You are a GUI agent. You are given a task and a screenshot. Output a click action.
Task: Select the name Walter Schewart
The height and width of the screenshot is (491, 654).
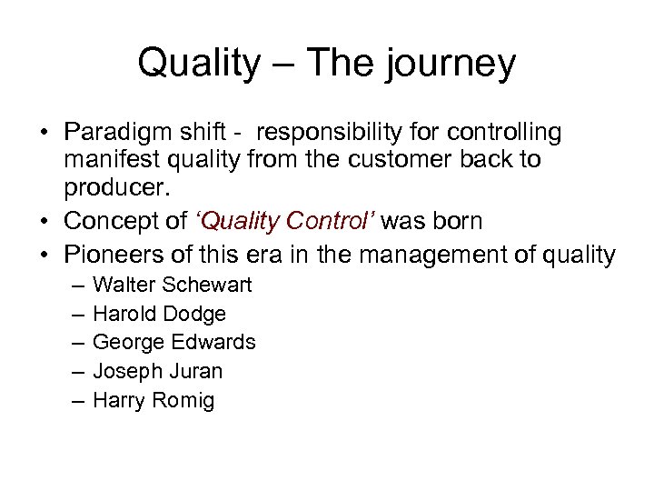(173, 286)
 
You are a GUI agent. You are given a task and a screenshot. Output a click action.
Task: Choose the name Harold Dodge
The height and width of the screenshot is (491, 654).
(159, 314)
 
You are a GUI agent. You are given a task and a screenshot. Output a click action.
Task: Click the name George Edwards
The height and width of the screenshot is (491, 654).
(173, 343)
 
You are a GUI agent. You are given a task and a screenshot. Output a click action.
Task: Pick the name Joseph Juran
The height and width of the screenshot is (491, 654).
(157, 371)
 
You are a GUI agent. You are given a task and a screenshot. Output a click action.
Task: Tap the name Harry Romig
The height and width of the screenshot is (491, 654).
(154, 400)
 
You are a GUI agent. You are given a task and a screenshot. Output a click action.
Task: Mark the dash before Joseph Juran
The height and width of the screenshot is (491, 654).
(74, 371)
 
